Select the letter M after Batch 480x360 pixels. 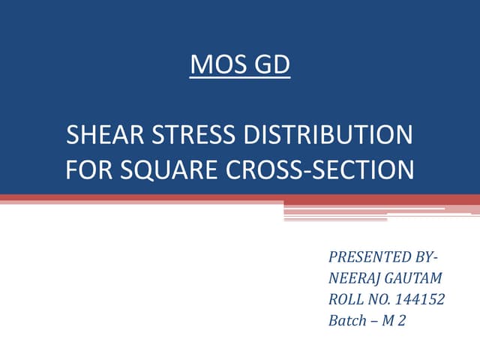point(392,321)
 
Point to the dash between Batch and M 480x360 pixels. point(376,322)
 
